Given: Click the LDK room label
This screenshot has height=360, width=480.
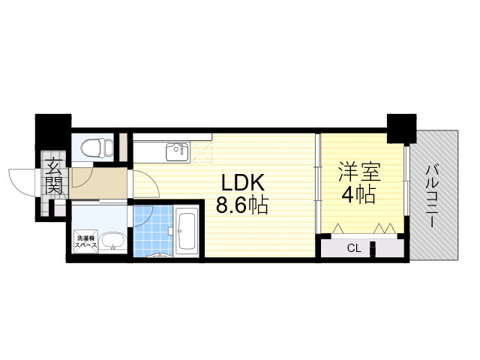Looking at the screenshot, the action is [x=242, y=183].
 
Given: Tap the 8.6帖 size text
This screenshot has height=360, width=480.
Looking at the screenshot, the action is [x=242, y=205].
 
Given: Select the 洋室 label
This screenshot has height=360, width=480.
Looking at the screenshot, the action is [x=359, y=172].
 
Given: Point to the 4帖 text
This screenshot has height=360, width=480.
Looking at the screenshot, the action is [x=358, y=195].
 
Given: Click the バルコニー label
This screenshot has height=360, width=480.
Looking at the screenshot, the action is [x=432, y=196].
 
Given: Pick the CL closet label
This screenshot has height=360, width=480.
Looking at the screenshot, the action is [x=354, y=248].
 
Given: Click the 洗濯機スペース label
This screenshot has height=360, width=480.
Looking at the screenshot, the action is [x=86, y=241].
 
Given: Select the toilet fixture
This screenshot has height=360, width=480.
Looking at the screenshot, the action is [x=97, y=148].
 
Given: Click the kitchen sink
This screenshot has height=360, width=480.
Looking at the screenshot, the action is [x=177, y=152].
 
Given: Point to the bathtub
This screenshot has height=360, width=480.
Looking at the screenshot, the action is [x=187, y=231].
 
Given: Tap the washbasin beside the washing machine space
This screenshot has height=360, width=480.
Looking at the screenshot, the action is [x=112, y=241].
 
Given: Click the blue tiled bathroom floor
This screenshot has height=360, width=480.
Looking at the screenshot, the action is [x=153, y=231].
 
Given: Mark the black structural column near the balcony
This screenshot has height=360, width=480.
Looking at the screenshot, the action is [x=401, y=128].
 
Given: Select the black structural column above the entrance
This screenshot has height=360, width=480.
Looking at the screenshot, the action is [x=53, y=132].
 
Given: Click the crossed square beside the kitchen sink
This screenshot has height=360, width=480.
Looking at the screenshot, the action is [x=201, y=152].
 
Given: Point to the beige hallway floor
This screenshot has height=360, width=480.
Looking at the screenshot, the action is [x=98, y=183].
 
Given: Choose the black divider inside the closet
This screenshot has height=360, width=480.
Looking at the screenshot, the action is [x=373, y=250].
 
